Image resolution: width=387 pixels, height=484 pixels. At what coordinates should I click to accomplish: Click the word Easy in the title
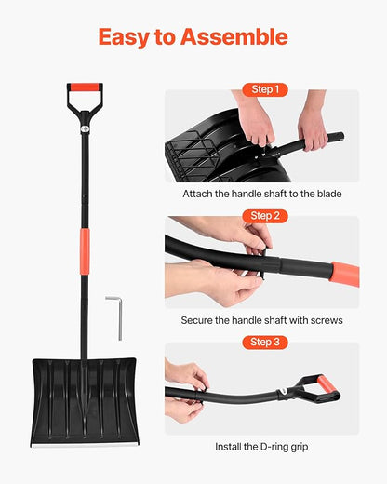coord(127,37)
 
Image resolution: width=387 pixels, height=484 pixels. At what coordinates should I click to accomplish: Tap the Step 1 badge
coord(261,89)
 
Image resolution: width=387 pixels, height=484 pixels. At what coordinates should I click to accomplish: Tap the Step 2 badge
coord(261,215)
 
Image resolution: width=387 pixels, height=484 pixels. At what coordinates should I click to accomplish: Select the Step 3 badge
coord(261,342)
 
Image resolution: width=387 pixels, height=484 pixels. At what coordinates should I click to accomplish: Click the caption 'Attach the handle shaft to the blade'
coord(261,194)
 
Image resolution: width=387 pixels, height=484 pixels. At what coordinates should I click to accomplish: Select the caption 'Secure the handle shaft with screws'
coord(261,320)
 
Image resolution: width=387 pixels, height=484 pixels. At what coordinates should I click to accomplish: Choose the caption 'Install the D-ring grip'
coord(261,447)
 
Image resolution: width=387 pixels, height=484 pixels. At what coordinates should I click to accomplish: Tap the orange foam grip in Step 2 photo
coord(344,274)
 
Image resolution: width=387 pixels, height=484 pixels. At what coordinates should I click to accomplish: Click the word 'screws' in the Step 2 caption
coord(325,320)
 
